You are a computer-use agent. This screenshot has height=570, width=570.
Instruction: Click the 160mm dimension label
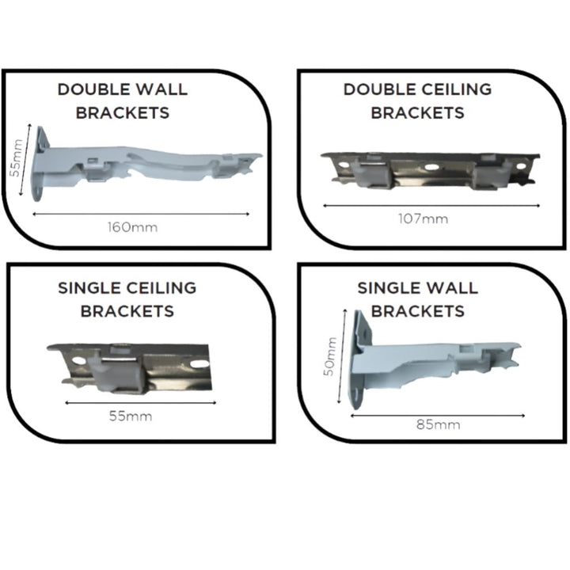click(133, 227)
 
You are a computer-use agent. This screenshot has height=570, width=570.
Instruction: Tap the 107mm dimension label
click(423, 218)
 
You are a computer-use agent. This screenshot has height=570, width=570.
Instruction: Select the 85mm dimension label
click(439, 424)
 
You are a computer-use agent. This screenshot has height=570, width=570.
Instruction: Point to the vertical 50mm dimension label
click(329, 356)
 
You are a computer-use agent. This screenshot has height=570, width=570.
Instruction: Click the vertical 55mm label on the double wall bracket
click(15, 158)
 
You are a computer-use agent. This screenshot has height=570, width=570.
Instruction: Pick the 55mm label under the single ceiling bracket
click(131, 416)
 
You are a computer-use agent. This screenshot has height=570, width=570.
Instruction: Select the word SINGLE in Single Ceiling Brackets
click(89, 288)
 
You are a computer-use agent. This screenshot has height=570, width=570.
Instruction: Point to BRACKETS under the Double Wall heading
click(123, 112)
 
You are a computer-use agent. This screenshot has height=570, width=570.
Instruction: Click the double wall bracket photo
click(147, 164)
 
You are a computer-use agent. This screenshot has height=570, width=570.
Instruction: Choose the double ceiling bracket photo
click(430, 171)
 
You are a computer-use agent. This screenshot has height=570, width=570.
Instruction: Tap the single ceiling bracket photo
click(129, 368)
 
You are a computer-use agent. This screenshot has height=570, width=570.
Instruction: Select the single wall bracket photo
click(435, 360)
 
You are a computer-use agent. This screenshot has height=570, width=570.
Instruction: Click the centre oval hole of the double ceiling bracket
click(431, 167)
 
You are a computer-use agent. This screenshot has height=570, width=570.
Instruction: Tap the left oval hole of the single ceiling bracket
click(78, 360)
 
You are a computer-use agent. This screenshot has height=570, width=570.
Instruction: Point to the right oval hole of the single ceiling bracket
click(199, 363)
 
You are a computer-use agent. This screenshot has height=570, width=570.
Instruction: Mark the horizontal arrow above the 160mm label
click(141, 214)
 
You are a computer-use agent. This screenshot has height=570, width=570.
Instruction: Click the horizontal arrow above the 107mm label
click(431, 206)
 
